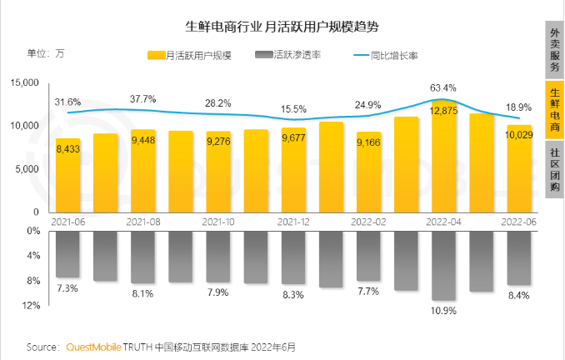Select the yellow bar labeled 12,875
coord(444,158)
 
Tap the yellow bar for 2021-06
coord(67,175)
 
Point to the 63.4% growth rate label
coord(443,87)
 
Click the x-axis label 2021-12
coord(293,222)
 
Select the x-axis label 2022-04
coord(444,222)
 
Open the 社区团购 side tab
coord(554,170)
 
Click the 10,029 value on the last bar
coord(520,135)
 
